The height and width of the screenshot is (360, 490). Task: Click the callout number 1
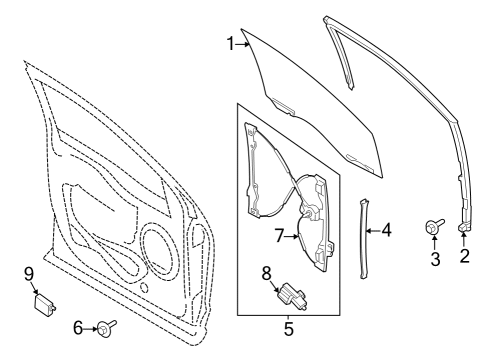pos(230,43)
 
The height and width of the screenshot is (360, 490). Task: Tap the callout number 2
pos(464,255)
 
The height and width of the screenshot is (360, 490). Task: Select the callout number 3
pos(435,259)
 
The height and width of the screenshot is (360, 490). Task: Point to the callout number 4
pos(386,229)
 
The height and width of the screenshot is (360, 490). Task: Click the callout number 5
pos(288,326)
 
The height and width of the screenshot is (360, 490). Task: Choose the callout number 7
pos(281,236)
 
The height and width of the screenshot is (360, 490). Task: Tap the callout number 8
pos(267,272)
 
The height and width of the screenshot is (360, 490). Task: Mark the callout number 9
pos(29,272)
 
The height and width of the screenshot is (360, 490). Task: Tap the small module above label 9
pos(45,299)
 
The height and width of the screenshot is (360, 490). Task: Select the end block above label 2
pos(464,229)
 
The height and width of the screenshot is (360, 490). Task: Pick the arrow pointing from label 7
pos(293,236)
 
